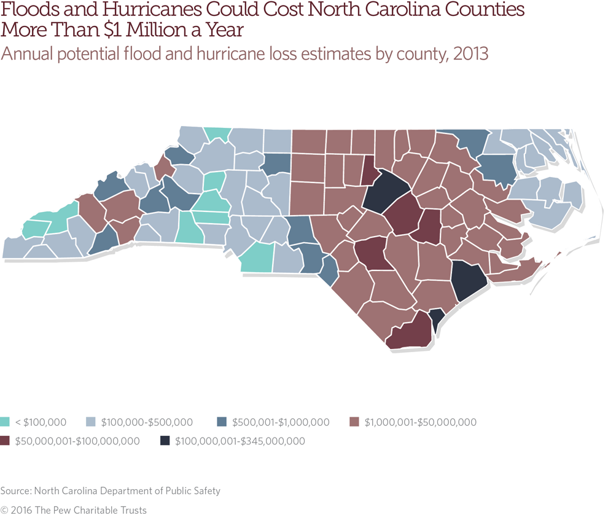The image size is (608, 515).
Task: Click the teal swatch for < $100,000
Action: point(6,422)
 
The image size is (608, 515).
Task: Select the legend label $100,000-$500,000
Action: point(147,422)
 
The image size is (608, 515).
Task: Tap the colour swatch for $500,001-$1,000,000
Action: point(222,422)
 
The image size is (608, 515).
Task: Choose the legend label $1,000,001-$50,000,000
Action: point(421,422)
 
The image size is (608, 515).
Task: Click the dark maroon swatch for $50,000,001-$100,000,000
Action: point(6,441)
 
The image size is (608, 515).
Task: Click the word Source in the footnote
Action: point(15,491)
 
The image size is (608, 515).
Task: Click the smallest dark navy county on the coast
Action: point(435,318)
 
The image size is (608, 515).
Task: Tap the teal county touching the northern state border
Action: point(217,133)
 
